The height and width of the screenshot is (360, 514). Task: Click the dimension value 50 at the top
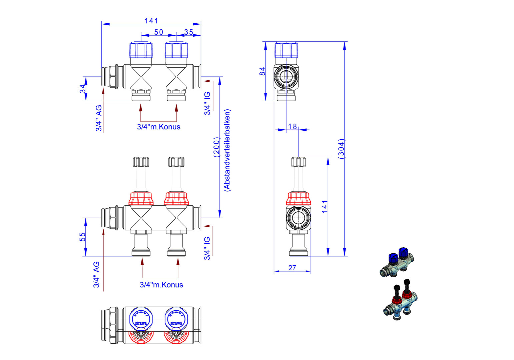point(158,32)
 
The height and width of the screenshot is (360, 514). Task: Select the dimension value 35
point(189,32)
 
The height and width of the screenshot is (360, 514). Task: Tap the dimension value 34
point(82,89)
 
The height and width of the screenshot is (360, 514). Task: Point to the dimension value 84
point(263,71)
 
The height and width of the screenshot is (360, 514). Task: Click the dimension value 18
point(293,126)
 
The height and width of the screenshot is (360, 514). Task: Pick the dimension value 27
point(292,268)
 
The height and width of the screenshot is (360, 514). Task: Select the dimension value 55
point(82,237)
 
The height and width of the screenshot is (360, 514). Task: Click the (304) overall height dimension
point(341,149)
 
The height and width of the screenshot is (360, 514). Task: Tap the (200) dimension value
point(216,147)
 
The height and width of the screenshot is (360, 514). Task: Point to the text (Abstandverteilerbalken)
point(227,150)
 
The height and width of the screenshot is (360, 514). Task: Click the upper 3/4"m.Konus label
point(158,127)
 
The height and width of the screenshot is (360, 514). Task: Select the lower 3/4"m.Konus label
point(161,285)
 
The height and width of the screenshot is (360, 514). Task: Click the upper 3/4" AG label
point(99,118)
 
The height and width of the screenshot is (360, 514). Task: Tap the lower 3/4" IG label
point(207,248)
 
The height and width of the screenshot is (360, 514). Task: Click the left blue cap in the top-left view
point(141,50)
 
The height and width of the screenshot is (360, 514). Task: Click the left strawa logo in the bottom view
point(141,323)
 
